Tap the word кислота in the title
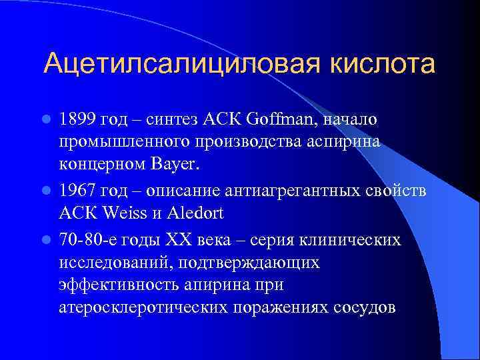click(379, 64)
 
